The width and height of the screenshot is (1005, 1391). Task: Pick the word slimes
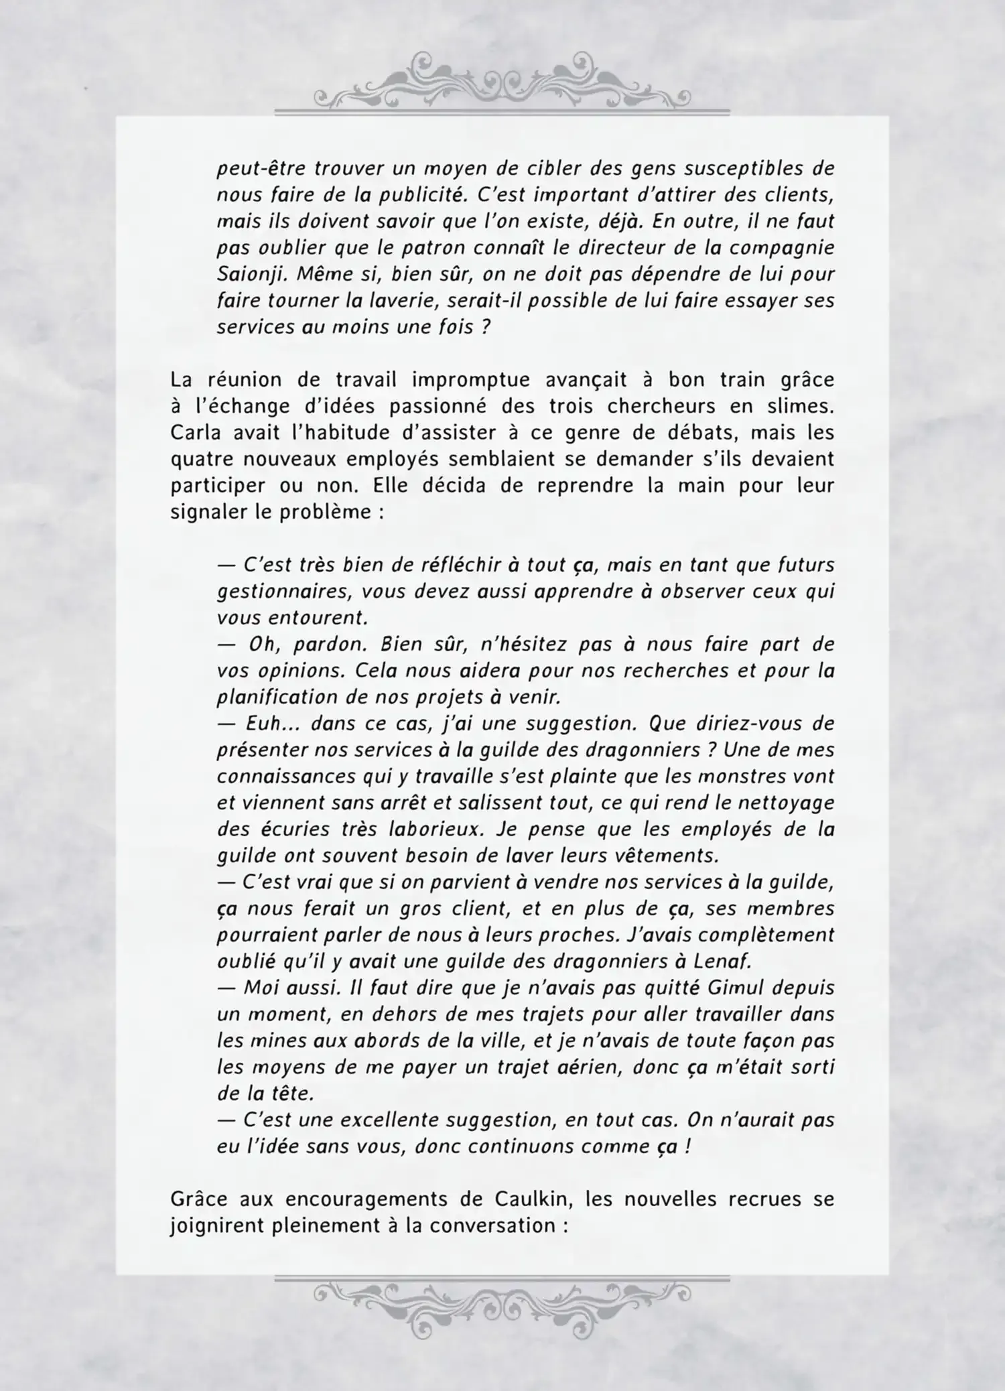(803, 406)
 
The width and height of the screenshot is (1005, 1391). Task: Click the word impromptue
(472, 379)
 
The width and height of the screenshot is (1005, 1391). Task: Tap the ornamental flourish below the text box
(502, 1302)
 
